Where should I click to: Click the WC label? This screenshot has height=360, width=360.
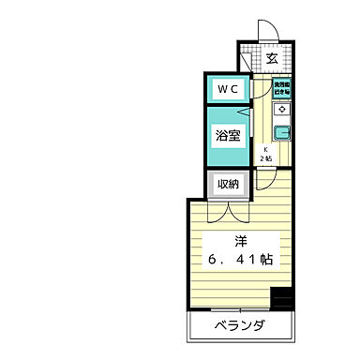pos(230,89)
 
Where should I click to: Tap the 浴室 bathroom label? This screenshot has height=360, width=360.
pos(229,134)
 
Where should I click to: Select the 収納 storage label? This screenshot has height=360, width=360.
pos(229,183)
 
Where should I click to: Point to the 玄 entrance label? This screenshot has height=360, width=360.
pos(272,59)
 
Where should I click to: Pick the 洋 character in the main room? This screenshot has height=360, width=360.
pos(240,240)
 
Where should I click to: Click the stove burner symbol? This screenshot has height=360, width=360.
pos(280,110)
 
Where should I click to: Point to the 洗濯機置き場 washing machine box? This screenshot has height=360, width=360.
pos(280,89)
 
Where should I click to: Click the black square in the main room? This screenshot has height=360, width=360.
pos(281,300)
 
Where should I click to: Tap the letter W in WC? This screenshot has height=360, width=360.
pos(223,89)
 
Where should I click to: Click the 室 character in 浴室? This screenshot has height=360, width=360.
pos(236,134)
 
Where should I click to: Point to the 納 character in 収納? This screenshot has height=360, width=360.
pos(235,183)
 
